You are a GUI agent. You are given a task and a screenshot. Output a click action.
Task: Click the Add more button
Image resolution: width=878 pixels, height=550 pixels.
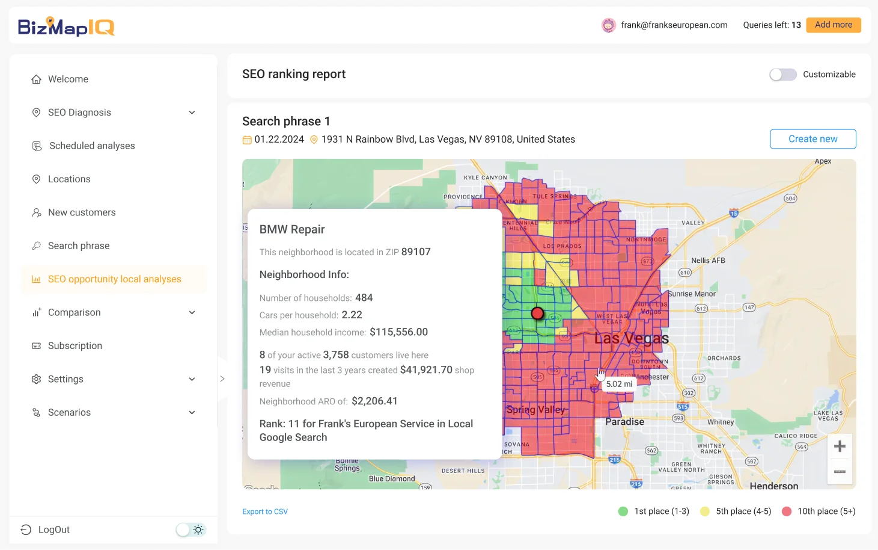833,25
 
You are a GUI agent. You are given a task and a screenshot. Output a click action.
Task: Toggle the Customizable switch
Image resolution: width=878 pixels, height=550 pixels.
782,75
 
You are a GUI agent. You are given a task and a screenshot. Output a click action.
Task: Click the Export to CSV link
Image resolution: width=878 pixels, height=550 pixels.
265,511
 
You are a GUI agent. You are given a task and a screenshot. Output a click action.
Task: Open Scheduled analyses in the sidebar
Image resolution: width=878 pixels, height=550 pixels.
92,146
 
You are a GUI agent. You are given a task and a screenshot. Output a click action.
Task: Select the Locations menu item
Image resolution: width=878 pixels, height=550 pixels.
69,179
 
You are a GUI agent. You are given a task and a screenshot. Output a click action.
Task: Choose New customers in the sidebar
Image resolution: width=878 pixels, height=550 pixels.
82,212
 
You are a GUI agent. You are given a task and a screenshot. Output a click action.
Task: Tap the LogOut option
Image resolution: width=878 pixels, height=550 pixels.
53,530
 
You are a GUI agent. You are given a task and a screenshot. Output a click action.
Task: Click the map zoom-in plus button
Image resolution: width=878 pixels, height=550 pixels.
840,446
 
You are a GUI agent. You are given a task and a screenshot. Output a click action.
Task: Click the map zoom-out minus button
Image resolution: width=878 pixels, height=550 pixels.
840,471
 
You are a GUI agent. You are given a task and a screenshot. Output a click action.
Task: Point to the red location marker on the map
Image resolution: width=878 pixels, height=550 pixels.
537,313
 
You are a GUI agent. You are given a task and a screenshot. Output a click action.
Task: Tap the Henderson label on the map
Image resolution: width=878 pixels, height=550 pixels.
773,485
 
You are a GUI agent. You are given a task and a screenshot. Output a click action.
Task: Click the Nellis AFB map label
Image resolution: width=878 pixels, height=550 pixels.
708,261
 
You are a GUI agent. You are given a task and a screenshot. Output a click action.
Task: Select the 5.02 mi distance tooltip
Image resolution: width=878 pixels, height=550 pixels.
619,384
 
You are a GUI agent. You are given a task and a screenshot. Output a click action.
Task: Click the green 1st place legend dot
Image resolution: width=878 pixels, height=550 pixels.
623,511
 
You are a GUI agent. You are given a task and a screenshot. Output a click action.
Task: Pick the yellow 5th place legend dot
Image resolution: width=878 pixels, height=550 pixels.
705,511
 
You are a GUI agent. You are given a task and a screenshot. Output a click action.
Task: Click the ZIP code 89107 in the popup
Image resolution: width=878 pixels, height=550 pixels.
416,252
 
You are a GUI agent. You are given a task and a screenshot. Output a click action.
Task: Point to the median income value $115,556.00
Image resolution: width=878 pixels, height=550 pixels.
398,332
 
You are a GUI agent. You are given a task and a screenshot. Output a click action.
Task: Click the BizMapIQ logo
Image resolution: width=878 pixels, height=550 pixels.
66,26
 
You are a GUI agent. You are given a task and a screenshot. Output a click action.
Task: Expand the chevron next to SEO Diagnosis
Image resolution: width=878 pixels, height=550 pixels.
192,113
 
